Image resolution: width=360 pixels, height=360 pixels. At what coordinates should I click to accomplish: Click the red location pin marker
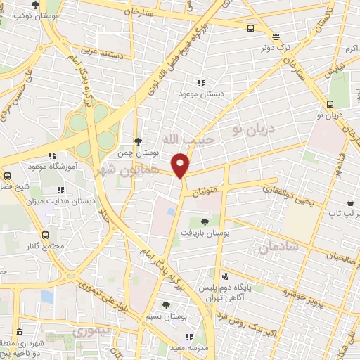(181, 165)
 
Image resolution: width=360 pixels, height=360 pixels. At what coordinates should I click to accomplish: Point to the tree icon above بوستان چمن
(139, 141)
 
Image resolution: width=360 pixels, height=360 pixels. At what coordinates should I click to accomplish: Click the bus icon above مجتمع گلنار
(46, 235)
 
